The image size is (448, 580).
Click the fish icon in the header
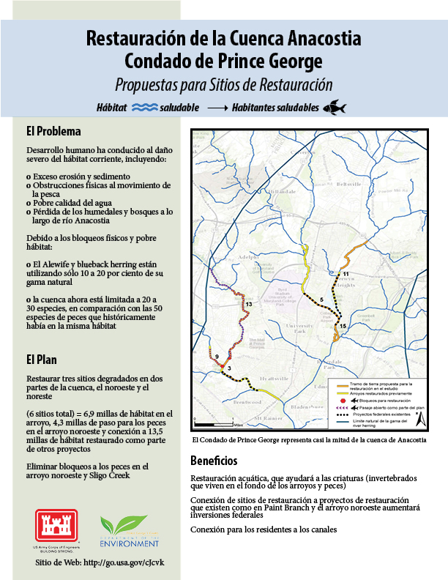tap(333, 106)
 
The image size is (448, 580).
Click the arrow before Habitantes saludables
tap(217, 108)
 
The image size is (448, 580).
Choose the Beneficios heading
tap(214, 461)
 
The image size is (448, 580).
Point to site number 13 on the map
tap(249, 303)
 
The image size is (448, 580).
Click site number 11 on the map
tap(347, 273)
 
